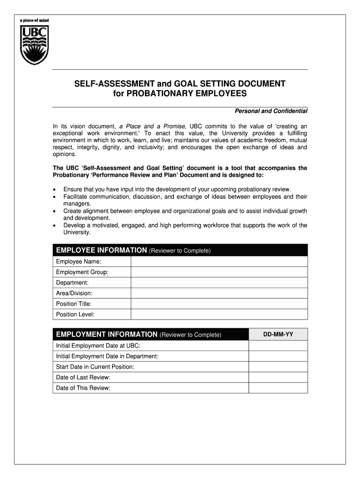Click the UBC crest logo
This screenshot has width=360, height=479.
tap(34, 45)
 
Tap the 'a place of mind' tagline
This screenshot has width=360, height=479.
tap(34, 21)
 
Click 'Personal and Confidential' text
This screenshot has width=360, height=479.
tap(270, 111)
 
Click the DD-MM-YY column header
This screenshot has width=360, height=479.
tap(278, 334)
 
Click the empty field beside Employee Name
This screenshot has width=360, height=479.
tap(219, 261)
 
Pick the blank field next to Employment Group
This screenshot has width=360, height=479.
tap(219, 272)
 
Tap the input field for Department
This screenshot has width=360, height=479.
tap(219, 283)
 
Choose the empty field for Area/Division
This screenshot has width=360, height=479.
tap(219, 293)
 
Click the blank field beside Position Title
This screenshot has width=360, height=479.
tap(219, 304)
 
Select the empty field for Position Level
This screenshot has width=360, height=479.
tap(219, 315)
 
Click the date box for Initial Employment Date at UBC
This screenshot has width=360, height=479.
tap(278, 346)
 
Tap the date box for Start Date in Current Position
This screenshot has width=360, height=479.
tap(278, 367)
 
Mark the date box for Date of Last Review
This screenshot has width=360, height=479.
tap(278, 377)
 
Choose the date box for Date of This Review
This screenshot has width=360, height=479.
tap(278, 388)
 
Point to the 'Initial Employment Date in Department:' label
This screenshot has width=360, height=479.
tap(107, 356)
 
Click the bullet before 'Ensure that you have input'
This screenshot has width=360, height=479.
tap(55, 190)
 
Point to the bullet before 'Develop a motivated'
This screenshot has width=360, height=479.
tap(55, 225)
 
